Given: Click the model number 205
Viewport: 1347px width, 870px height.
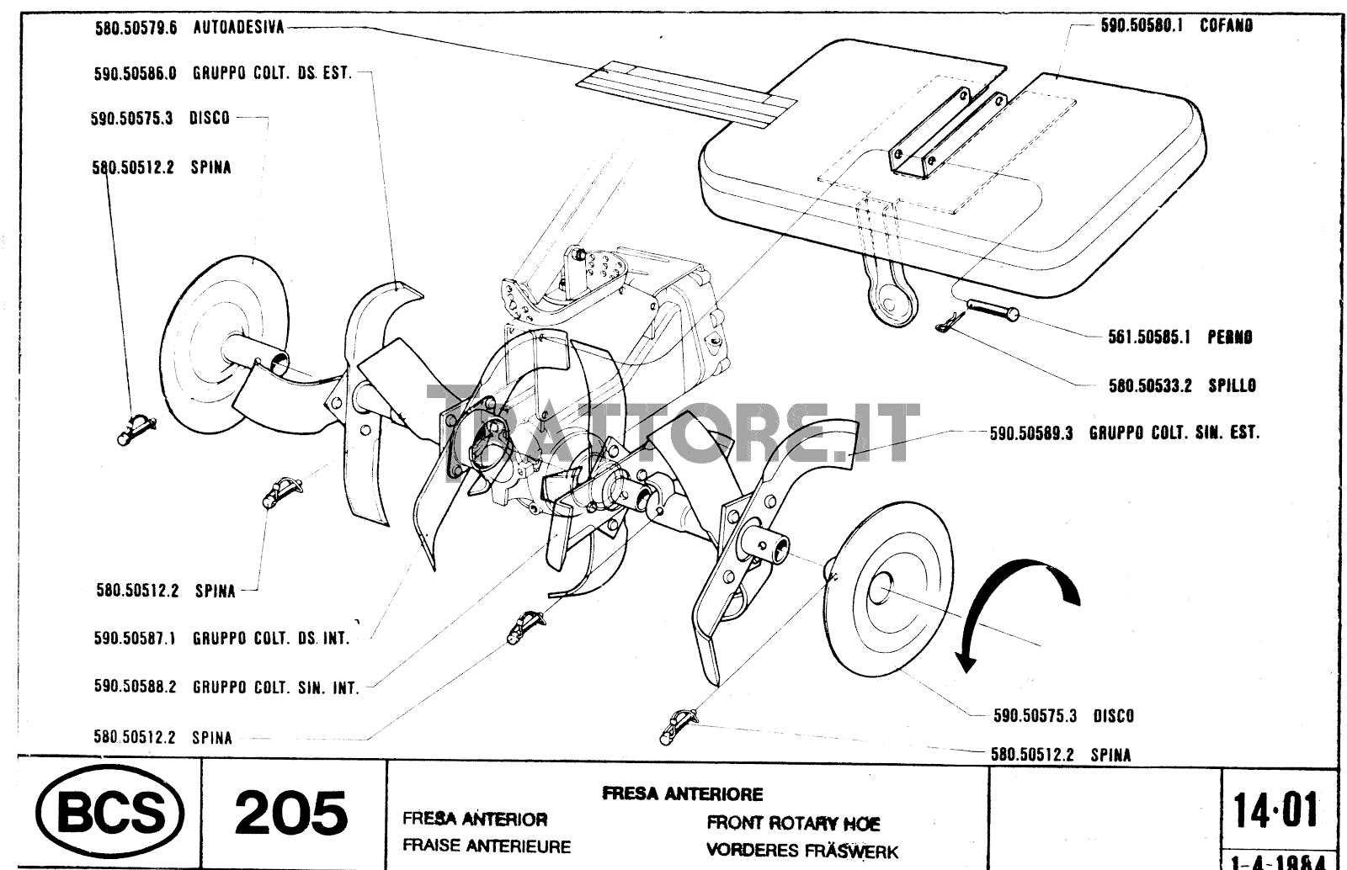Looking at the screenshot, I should coord(290,813).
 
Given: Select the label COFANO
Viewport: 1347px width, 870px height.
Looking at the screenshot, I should coord(1226,26).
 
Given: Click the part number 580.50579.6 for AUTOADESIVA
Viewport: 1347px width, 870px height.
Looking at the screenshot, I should coord(136,28).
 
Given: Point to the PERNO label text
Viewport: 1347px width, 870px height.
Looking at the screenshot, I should coord(1229,337).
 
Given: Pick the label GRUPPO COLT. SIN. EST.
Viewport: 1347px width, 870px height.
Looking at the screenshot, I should coord(1174,433).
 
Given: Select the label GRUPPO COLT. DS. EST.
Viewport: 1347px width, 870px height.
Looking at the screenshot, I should coord(271,73).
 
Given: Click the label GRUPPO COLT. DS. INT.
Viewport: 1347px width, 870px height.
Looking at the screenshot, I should coord(270,639).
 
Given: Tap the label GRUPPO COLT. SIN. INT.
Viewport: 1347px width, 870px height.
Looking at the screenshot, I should coord(275,687).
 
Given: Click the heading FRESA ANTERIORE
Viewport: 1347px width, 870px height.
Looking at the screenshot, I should coord(682,793).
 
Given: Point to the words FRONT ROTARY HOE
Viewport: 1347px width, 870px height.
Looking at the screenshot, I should coord(793,823).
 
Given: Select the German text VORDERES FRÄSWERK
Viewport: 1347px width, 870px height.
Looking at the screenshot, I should coord(801,851).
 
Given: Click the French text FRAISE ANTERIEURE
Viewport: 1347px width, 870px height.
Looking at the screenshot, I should coord(486,846).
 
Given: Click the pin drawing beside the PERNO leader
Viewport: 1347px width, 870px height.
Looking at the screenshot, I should coord(993,310).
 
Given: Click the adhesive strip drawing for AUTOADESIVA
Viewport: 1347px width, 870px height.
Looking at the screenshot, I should coord(686,93).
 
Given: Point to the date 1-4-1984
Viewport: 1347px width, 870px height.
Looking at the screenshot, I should coord(1278,862).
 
